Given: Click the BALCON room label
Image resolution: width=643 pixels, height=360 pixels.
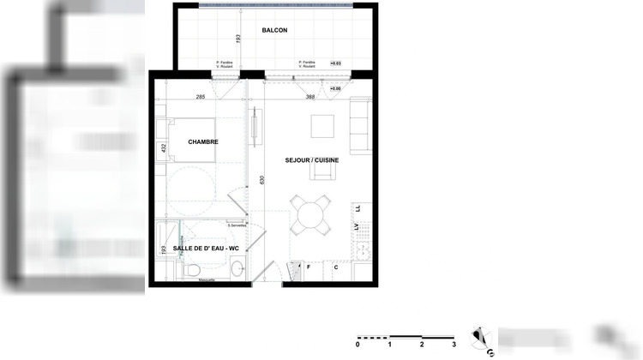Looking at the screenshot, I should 274,31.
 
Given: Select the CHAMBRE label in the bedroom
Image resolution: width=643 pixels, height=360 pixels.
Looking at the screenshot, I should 203,142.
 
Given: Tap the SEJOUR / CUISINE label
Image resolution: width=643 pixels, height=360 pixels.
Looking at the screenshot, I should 312,160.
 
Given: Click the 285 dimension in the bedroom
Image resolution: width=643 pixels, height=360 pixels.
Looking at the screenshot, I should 200,97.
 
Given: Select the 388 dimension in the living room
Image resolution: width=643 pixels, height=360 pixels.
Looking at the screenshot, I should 310,97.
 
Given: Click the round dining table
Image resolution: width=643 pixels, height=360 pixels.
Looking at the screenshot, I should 309,213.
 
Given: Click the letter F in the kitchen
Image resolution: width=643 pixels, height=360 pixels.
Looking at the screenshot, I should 309,267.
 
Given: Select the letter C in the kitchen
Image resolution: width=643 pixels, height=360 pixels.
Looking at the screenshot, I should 336,267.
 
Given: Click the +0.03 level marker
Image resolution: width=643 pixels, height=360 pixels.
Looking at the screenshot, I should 336,63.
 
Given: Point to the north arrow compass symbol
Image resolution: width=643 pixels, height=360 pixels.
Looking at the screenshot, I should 483,338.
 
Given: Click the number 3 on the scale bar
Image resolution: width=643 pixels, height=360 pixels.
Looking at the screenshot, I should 454,345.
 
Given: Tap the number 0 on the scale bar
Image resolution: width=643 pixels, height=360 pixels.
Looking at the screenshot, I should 358,345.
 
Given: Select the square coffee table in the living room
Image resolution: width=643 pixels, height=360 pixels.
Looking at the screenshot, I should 323,127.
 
